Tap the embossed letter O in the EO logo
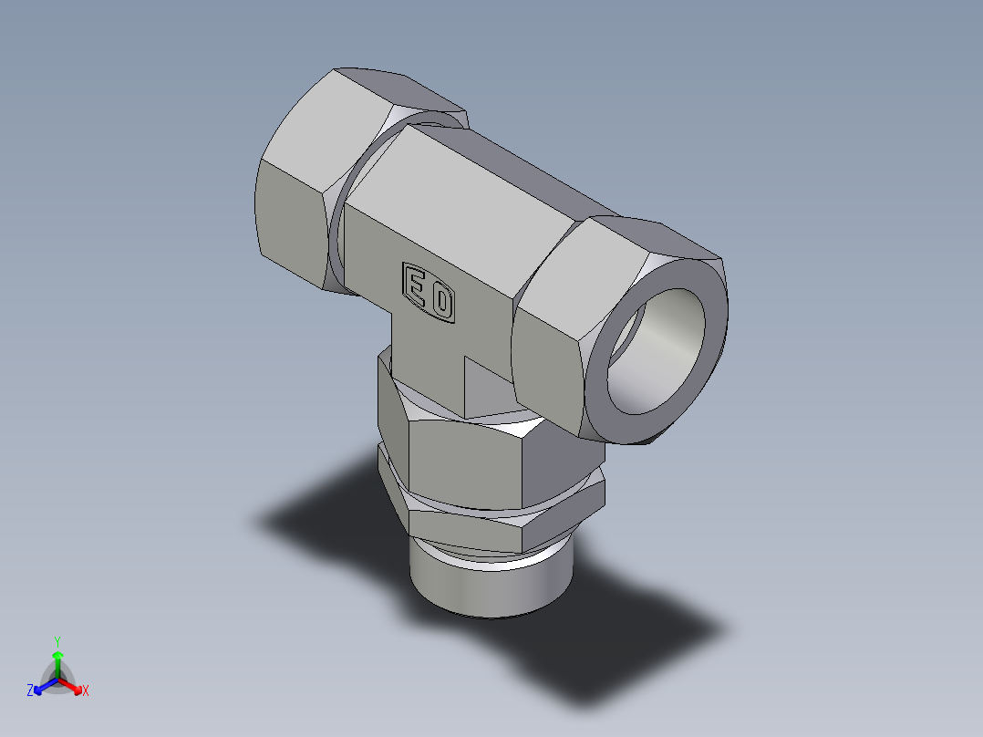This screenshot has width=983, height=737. tap(441, 302)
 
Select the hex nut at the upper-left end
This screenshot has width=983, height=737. tap(292, 210)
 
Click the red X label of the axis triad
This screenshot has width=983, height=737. tap(85, 691)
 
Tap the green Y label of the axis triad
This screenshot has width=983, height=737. tap(57, 641)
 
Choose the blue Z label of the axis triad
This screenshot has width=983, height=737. tap(30, 691)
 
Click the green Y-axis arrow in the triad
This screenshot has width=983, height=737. tap(57, 662)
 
